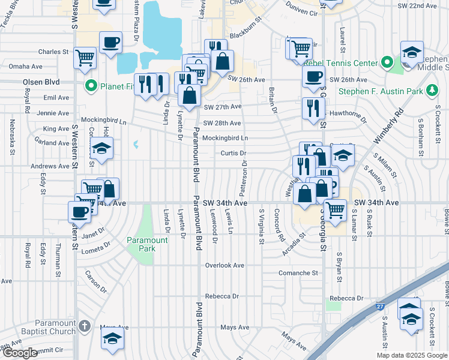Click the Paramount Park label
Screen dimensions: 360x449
147,244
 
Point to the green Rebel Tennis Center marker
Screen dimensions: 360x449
387,63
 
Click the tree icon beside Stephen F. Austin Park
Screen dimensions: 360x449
431,91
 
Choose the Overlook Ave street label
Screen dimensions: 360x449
224,265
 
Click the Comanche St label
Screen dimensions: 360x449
298,273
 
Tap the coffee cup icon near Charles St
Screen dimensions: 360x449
111,43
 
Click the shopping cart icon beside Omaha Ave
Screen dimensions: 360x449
85,58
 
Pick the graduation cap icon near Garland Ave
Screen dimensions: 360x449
102,149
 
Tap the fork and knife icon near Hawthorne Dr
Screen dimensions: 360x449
313,109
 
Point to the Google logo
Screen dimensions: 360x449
20,353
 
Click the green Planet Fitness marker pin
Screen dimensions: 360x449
91,86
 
